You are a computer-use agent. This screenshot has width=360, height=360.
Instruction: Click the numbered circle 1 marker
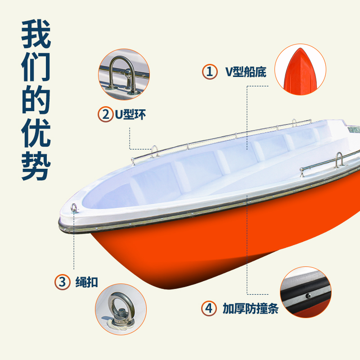209,72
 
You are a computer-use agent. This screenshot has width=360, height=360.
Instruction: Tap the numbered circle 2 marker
105,114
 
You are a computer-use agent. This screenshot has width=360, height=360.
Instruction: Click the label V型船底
246,72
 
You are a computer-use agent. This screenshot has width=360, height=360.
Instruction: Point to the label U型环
130,114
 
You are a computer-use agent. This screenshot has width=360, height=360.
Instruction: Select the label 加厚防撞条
251,309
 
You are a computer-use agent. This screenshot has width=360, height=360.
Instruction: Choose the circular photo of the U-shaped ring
124,75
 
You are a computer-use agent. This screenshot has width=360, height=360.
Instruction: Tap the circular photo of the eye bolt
121,309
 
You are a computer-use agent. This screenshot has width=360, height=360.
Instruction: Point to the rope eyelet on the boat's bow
74,207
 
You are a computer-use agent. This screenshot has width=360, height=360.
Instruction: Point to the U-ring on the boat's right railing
338,160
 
